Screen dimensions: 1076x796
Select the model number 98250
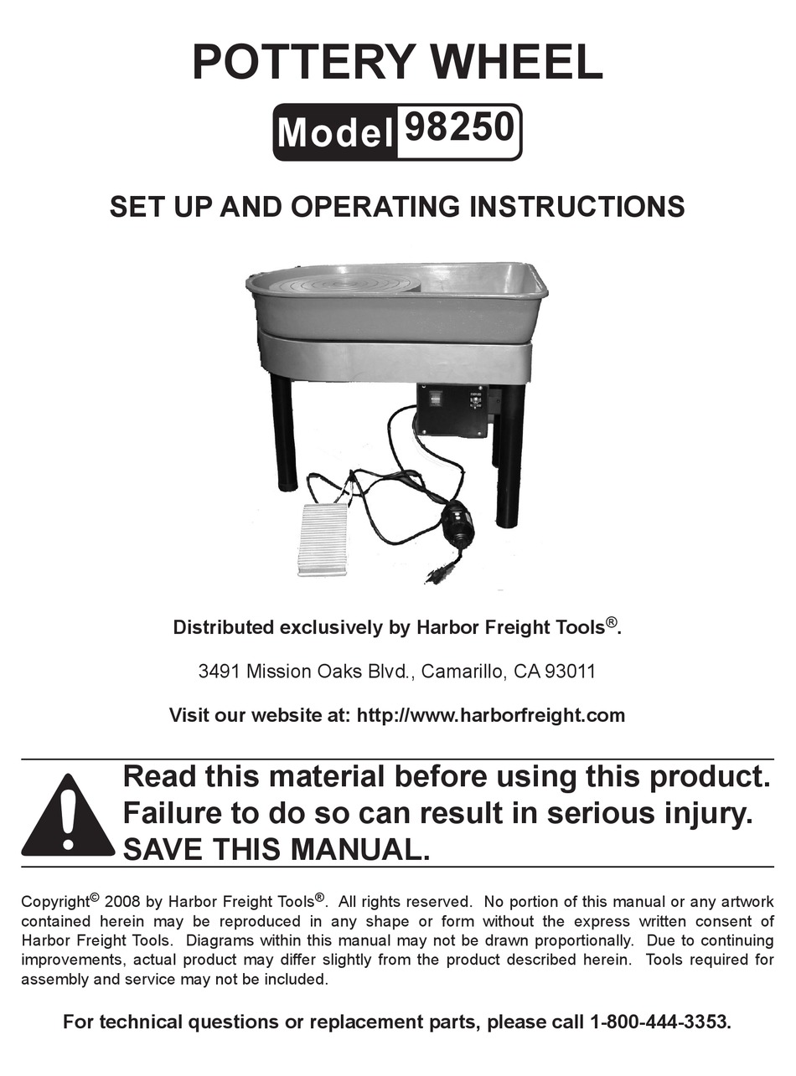click(459, 130)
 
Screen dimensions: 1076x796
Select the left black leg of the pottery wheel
click(284, 432)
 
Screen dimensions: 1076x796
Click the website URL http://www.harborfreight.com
click(490, 715)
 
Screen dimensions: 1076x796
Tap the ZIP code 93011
click(570, 672)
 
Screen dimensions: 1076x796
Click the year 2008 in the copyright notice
click(122, 902)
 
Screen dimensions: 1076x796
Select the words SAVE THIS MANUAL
click(276, 850)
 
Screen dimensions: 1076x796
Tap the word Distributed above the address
click(223, 627)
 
